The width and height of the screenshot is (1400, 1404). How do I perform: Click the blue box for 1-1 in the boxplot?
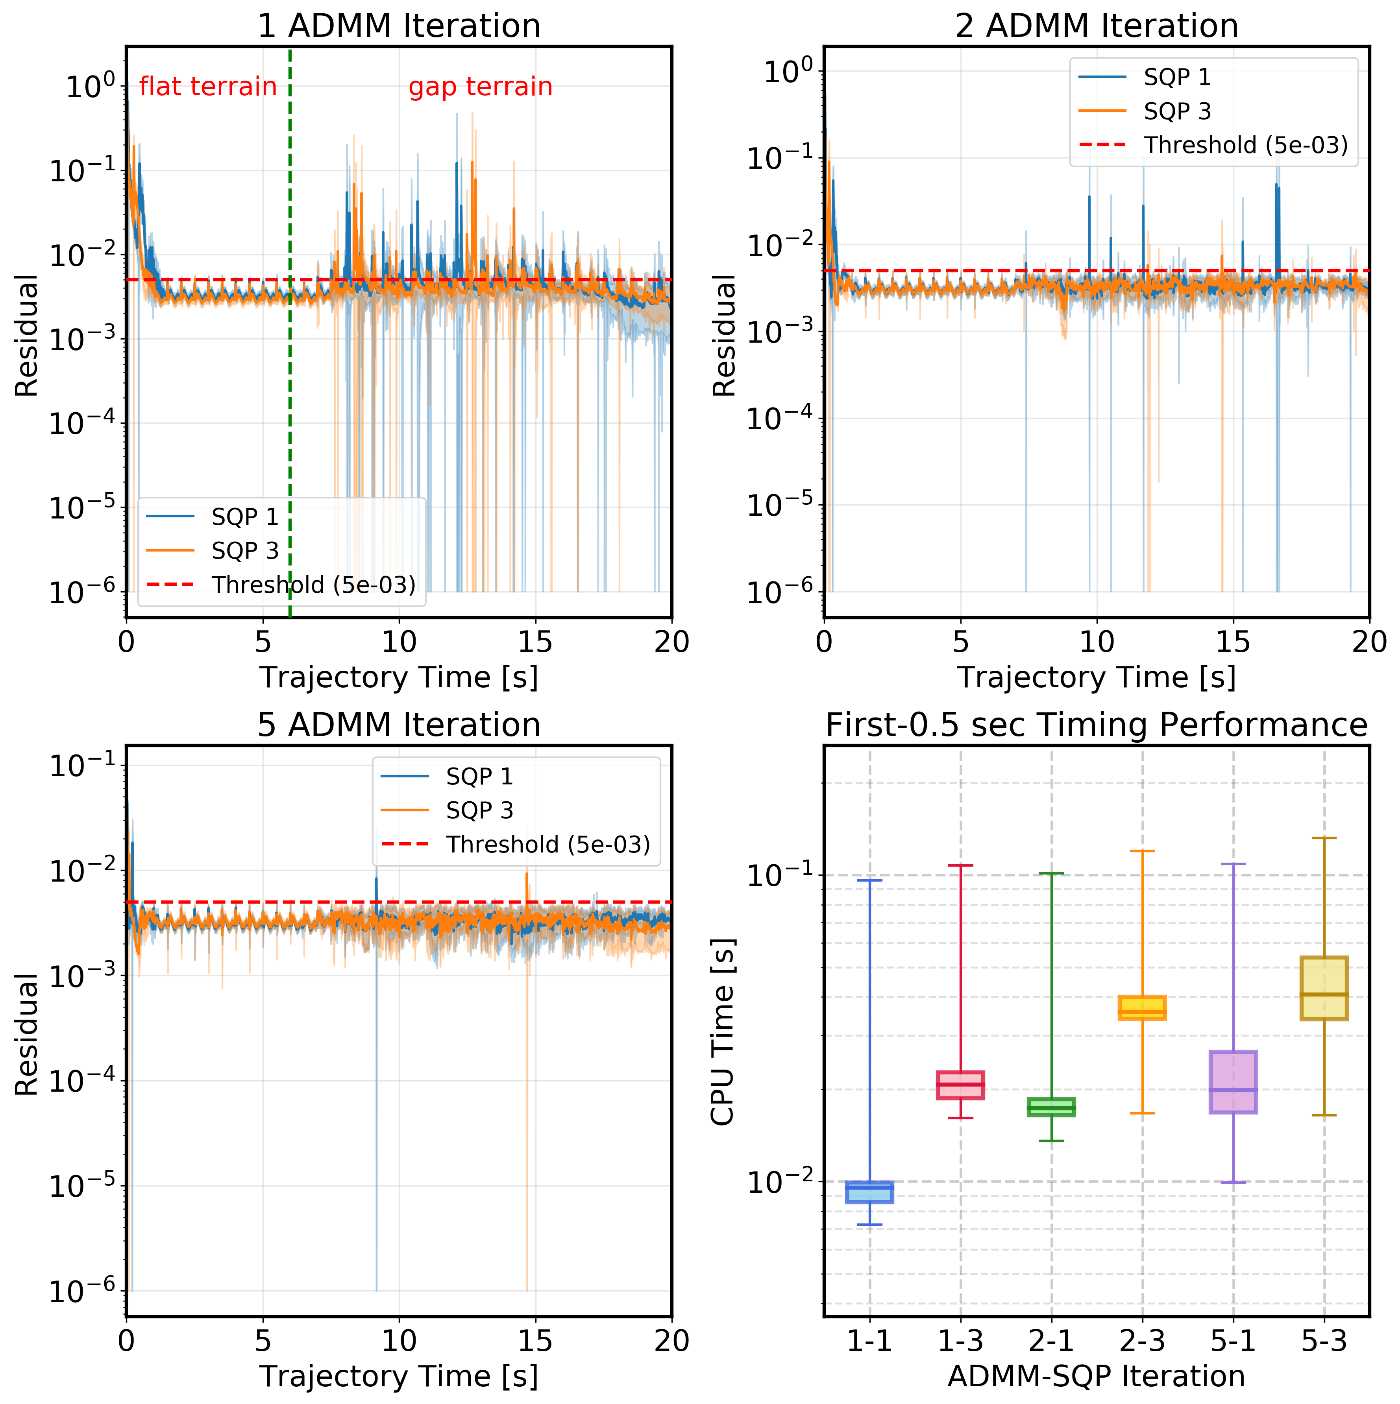(x=869, y=1192)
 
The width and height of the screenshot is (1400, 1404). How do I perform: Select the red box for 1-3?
(x=960, y=1085)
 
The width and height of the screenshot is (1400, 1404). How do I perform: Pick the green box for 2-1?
(x=1051, y=1107)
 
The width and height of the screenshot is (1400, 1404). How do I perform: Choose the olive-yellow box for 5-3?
(x=1324, y=988)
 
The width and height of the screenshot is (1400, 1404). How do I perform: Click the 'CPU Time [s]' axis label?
(x=723, y=1032)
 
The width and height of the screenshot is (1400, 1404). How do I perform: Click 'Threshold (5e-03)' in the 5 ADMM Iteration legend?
(x=548, y=845)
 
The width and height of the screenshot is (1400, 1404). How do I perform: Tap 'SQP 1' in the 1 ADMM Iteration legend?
(x=245, y=517)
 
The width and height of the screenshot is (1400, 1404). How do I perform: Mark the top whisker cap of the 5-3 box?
(x=1324, y=838)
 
